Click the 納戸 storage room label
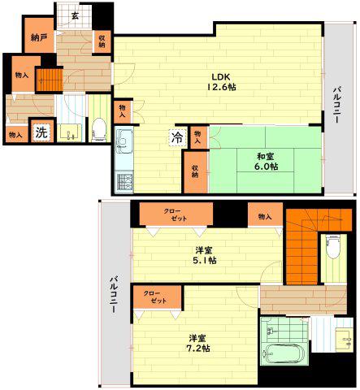point(39,37)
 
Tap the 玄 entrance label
point(75,15)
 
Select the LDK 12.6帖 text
point(221,82)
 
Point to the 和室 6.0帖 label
point(266,162)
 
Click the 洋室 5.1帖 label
point(204,255)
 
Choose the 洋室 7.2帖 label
point(198,343)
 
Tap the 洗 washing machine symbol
point(41,132)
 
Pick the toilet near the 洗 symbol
point(98,129)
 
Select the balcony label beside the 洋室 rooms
point(114,295)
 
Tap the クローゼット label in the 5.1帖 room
point(176,214)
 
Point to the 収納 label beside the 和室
point(195,171)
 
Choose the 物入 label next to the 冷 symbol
point(198,137)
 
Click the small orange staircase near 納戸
point(50,80)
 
